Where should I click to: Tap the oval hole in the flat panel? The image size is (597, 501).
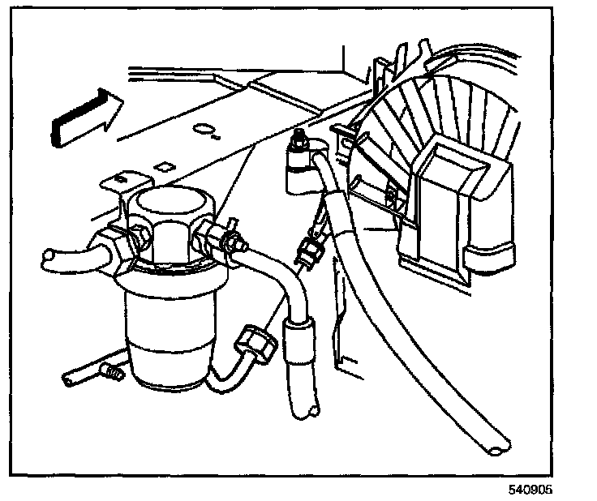tap(207, 131)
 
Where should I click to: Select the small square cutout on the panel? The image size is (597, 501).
tap(162, 167)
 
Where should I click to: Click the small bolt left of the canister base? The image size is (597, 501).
tap(110, 372)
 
